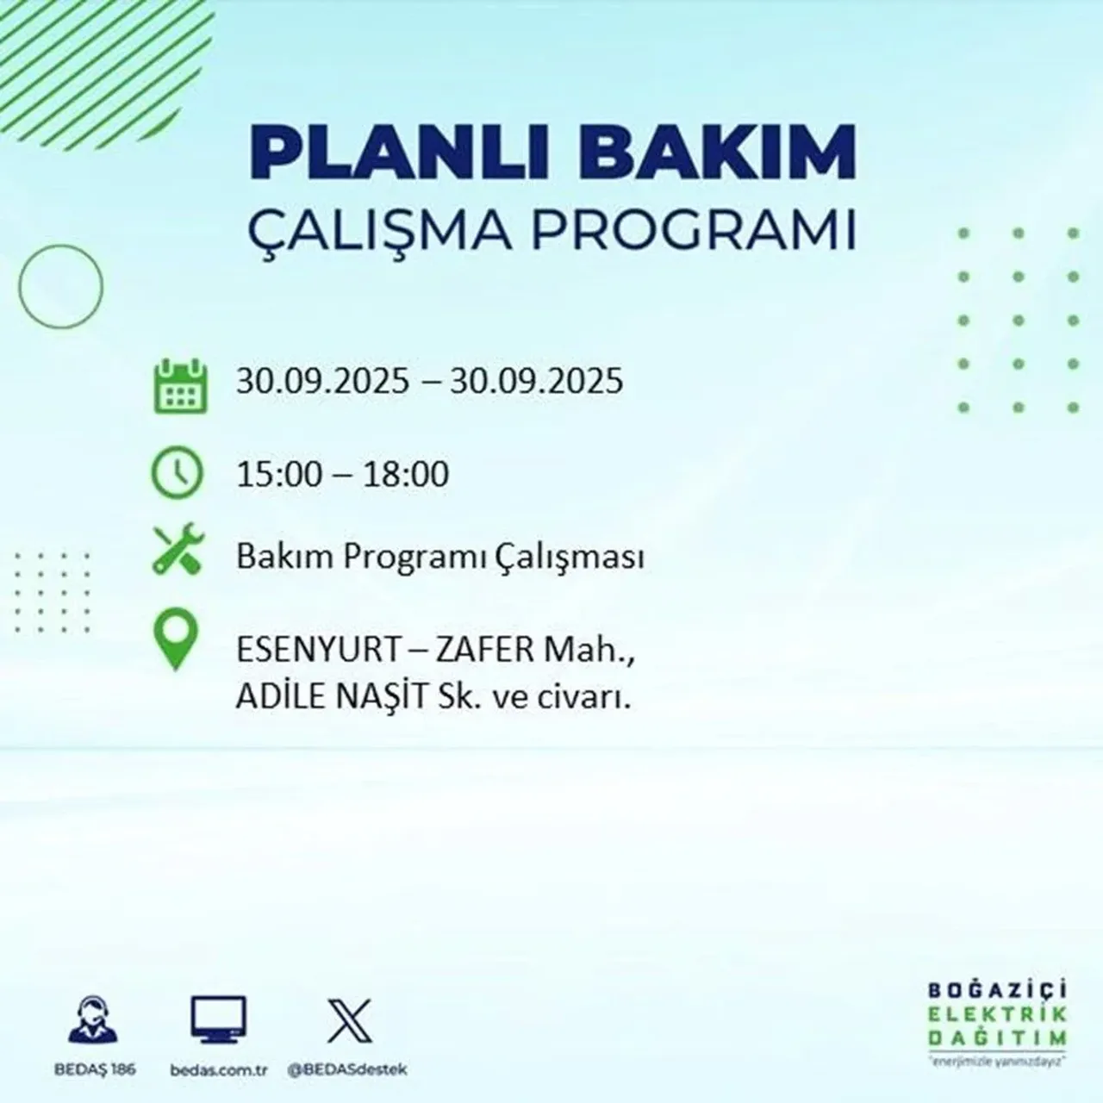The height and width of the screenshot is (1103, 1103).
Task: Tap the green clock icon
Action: [177, 473]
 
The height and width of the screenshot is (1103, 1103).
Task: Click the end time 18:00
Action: [406, 474]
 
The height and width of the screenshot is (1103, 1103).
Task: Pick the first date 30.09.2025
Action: [323, 380]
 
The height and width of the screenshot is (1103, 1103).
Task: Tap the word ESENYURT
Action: [315, 650]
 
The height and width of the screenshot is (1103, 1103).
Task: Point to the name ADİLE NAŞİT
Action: [332, 696]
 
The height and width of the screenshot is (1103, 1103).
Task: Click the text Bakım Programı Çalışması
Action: [440, 558]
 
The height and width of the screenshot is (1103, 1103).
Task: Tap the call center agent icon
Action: [93, 1021]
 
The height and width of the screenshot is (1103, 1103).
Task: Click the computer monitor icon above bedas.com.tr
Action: [218, 1021]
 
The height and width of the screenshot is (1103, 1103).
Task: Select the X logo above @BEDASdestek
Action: [350, 1021]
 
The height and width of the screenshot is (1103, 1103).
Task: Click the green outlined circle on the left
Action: [60, 285]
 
